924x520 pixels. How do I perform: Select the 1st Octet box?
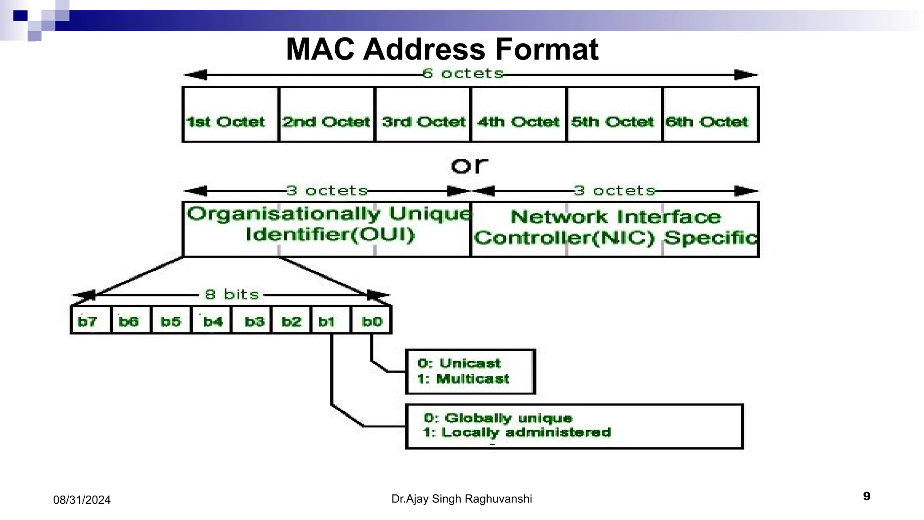click(231, 115)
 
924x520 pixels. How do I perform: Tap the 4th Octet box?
click(518, 115)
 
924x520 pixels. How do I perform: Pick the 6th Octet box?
click(710, 115)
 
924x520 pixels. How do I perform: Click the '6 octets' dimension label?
click(463, 74)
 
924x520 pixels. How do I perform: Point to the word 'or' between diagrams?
click(469, 165)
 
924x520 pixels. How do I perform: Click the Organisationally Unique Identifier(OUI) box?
click(327, 229)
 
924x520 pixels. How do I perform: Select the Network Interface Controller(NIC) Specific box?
click(614, 229)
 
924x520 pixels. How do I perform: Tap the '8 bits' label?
click(232, 295)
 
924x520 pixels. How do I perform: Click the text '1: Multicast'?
click(463, 379)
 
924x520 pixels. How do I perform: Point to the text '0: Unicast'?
click(459, 363)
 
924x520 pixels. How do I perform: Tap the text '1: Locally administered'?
click(517, 432)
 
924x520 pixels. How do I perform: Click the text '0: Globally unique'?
click(498, 418)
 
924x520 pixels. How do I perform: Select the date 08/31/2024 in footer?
click(82, 500)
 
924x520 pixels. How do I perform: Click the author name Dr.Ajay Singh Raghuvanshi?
click(462, 499)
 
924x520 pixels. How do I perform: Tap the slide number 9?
click(866, 497)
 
